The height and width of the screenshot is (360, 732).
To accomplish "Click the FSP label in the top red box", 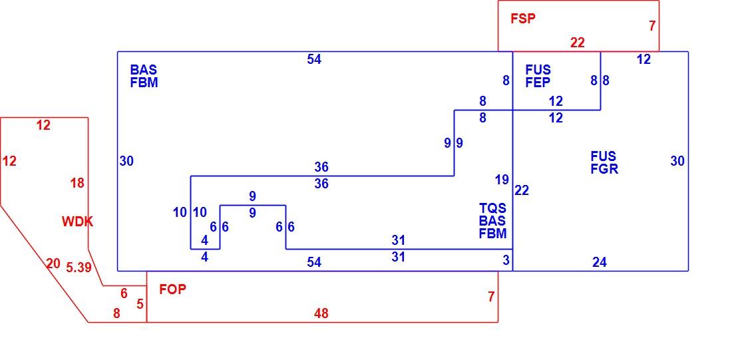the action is pyautogui.click(x=523, y=19).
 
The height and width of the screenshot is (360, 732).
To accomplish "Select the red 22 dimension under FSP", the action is pyautogui.click(x=578, y=43).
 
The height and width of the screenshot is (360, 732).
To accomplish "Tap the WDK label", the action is pyautogui.click(x=77, y=222).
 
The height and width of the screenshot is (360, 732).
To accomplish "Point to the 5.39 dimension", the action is pyautogui.click(x=79, y=268).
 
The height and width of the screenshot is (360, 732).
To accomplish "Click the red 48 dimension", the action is pyautogui.click(x=321, y=314).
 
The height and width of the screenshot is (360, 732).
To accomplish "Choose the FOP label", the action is pyautogui.click(x=173, y=289).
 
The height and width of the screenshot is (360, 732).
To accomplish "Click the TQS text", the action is pyautogui.click(x=492, y=208).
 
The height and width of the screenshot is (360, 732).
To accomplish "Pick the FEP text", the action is pyautogui.click(x=538, y=83).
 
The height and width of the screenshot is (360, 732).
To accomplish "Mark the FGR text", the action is pyautogui.click(x=604, y=169).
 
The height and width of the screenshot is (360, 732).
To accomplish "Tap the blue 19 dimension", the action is pyautogui.click(x=502, y=180).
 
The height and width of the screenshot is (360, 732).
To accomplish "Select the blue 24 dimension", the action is pyautogui.click(x=600, y=262).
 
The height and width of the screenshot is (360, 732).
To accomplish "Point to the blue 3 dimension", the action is pyautogui.click(x=506, y=261).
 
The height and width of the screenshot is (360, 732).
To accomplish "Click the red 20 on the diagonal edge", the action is pyautogui.click(x=53, y=264).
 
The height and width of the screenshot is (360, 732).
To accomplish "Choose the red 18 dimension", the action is pyautogui.click(x=77, y=183).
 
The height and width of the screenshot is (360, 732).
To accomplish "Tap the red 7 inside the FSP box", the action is pyautogui.click(x=652, y=26).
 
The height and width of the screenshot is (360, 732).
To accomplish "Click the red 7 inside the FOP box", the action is pyautogui.click(x=490, y=297).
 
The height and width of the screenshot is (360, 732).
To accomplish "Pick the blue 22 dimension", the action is pyautogui.click(x=522, y=190).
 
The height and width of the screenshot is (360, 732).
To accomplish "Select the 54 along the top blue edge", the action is pyautogui.click(x=314, y=59).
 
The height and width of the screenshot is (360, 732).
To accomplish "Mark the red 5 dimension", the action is pyautogui.click(x=140, y=304).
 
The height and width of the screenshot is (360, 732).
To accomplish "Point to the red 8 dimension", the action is pyautogui.click(x=116, y=314).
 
